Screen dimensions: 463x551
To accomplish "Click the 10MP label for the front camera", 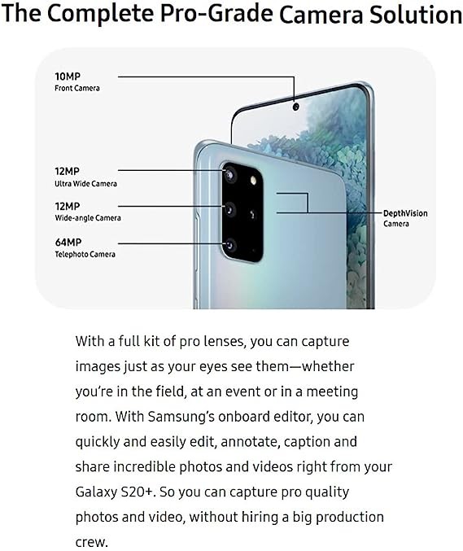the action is (68, 77).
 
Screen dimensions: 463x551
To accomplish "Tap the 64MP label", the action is (68, 243).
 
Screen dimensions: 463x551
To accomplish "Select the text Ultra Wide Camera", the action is (85, 183).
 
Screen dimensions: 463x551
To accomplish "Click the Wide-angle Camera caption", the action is (88, 218).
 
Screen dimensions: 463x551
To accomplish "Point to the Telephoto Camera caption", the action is (85, 254).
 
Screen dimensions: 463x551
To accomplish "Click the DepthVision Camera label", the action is (405, 218).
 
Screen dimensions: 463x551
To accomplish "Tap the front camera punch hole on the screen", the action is (296, 106).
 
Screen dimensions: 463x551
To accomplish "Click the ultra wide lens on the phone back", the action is (229, 174).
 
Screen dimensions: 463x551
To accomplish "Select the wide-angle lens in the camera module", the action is (229, 210).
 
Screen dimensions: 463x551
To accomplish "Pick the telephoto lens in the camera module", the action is (230, 245).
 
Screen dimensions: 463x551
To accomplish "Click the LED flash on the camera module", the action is (253, 180).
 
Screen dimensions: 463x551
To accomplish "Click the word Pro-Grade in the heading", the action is (216, 14).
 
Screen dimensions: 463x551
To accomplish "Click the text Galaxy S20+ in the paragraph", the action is (115, 492).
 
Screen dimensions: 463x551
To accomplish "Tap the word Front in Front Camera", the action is (64, 88).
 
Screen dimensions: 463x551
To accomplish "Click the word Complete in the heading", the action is (100, 14).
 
